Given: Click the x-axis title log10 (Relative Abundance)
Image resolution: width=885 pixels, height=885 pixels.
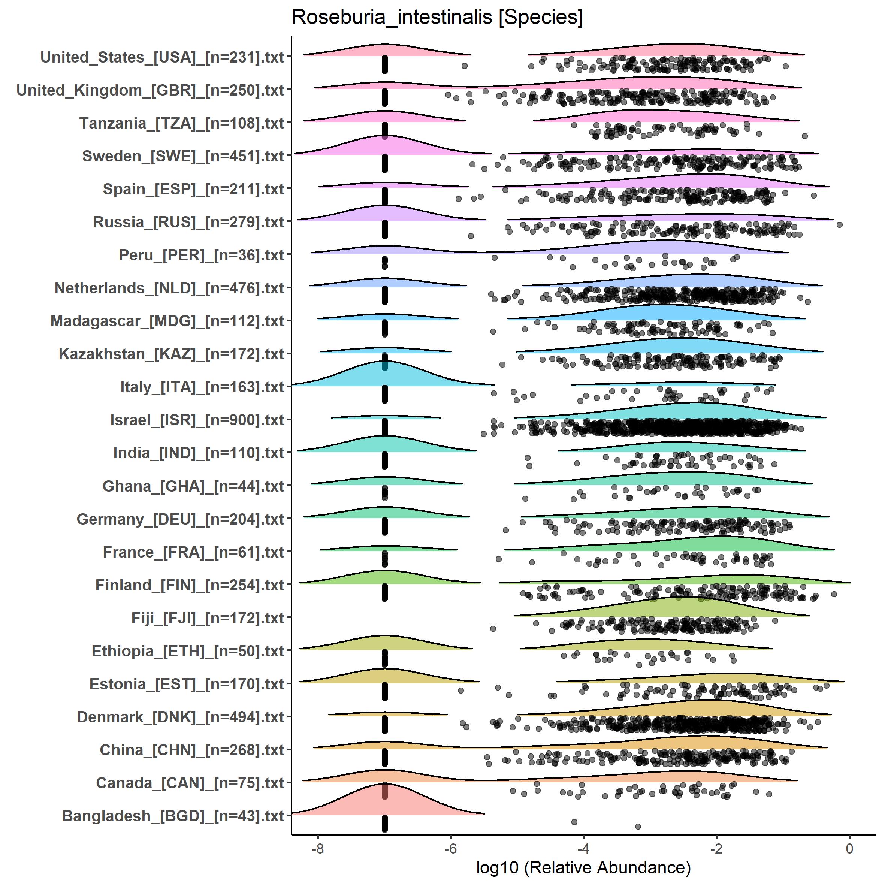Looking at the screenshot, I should pyautogui.click(x=583, y=867).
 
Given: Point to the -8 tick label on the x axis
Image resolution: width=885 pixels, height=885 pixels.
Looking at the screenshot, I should pyautogui.click(x=317, y=848).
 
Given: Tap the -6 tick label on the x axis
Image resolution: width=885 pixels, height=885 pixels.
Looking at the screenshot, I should pyautogui.click(x=451, y=848).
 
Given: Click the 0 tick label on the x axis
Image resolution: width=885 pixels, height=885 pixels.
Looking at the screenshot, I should pyautogui.click(x=850, y=848).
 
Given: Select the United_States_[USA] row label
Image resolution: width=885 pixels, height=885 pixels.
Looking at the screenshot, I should pyautogui.click(x=162, y=57).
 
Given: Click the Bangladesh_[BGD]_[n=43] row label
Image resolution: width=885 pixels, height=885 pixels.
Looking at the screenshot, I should pyautogui.click(x=173, y=816).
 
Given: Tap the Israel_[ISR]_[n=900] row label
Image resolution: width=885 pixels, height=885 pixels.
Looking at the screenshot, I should pyautogui.click(x=197, y=420).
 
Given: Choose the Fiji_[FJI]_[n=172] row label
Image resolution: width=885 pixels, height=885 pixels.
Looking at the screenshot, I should pyautogui.click(x=208, y=618).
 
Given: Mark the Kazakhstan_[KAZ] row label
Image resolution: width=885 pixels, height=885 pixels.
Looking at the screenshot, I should pyautogui.click(x=171, y=354).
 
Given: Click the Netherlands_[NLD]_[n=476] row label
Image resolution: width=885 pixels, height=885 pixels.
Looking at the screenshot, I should pyautogui.click(x=169, y=288).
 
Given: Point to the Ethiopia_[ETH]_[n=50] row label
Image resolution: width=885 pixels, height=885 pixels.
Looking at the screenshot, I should pyautogui.click(x=188, y=651).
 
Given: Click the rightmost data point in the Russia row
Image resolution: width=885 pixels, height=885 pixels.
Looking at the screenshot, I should pyautogui.click(x=840, y=224).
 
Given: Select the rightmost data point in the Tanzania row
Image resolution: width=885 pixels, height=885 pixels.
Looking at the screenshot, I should pyautogui.click(x=805, y=136).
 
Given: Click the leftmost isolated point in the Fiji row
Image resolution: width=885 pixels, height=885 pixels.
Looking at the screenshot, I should pyautogui.click(x=493, y=628).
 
